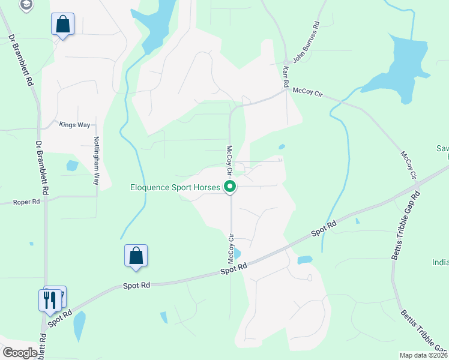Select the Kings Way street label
click(x=74, y=125)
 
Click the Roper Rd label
click(x=26, y=203)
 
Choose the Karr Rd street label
click(x=286, y=78)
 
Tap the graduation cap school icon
click(x=26, y=5)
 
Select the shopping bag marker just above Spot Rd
click(x=136, y=256)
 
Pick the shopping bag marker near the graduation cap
click(x=62, y=25)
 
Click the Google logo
click(x=19, y=353)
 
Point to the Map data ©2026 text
click(x=423, y=355)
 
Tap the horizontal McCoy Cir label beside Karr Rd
click(x=307, y=91)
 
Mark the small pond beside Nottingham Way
click(x=72, y=165)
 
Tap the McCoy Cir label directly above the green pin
click(x=229, y=159)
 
